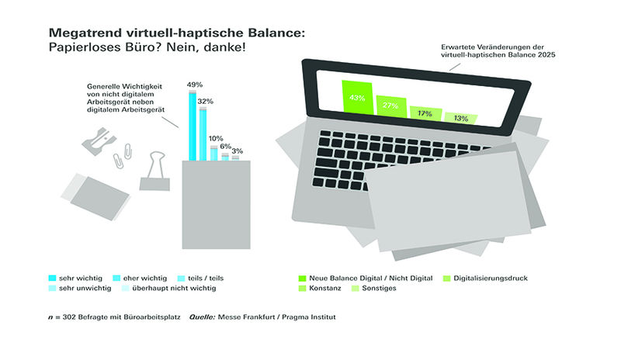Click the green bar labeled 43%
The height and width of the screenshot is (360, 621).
click(x=358, y=98)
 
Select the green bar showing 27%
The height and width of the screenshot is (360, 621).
click(x=391, y=106)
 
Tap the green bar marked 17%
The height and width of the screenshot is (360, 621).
click(x=425, y=113)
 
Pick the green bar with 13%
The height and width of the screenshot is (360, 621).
click(x=460, y=118)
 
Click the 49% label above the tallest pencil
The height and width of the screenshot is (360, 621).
click(x=195, y=85)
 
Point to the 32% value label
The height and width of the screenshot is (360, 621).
click(x=206, y=102)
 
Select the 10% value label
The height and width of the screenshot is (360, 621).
click(x=216, y=139)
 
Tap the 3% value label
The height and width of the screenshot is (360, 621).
click(x=238, y=151)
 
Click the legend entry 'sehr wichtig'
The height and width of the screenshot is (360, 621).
click(x=75, y=279)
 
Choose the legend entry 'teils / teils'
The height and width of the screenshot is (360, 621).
click(x=201, y=279)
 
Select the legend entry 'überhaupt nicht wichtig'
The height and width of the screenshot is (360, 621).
click(x=169, y=289)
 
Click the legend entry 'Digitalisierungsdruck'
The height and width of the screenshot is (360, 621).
click(x=486, y=279)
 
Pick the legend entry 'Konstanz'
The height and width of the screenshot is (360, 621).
click(x=320, y=289)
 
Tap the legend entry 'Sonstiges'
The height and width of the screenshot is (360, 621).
click(x=374, y=289)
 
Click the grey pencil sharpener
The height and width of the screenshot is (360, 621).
click(x=99, y=141)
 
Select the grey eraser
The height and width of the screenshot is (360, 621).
click(x=95, y=196)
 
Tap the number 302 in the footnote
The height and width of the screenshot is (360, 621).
click(x=69, y=317)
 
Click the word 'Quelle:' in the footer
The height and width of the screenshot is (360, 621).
click(x=202, y=317)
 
